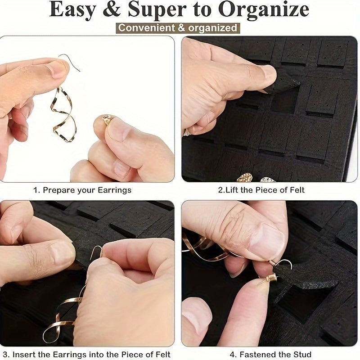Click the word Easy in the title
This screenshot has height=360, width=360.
72,9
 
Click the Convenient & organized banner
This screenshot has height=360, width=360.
178,28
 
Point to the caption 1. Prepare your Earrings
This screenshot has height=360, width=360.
82,190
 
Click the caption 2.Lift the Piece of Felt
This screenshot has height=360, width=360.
261,190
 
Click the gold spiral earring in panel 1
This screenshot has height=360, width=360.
63,114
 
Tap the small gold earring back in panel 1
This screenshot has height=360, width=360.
107,119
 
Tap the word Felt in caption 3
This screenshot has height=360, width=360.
162,355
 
